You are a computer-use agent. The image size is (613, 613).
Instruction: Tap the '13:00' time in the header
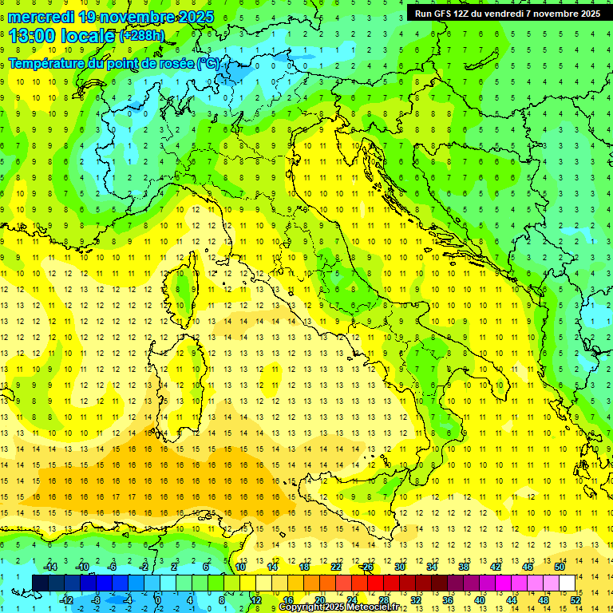(x=32, y=36)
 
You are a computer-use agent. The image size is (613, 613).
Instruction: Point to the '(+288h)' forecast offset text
(x=141, y=36)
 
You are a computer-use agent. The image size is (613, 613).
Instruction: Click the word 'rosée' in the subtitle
(x=173, y=63)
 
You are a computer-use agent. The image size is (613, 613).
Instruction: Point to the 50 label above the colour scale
(x=560, y=567)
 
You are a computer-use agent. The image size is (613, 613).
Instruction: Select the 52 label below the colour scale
(x=575, y=599)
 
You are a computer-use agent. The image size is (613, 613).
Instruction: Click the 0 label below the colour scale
(x=157, y=599)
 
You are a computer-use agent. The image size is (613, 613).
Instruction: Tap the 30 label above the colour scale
(x=400, y=567)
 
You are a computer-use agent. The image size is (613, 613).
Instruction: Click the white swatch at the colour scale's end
(x=567, y=583)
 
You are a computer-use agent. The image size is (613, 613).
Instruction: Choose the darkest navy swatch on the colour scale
(x=40, y=583)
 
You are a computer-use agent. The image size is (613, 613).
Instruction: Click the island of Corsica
(x=186, y=283)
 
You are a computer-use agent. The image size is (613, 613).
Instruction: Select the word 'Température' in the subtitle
(x=48, y=63)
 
